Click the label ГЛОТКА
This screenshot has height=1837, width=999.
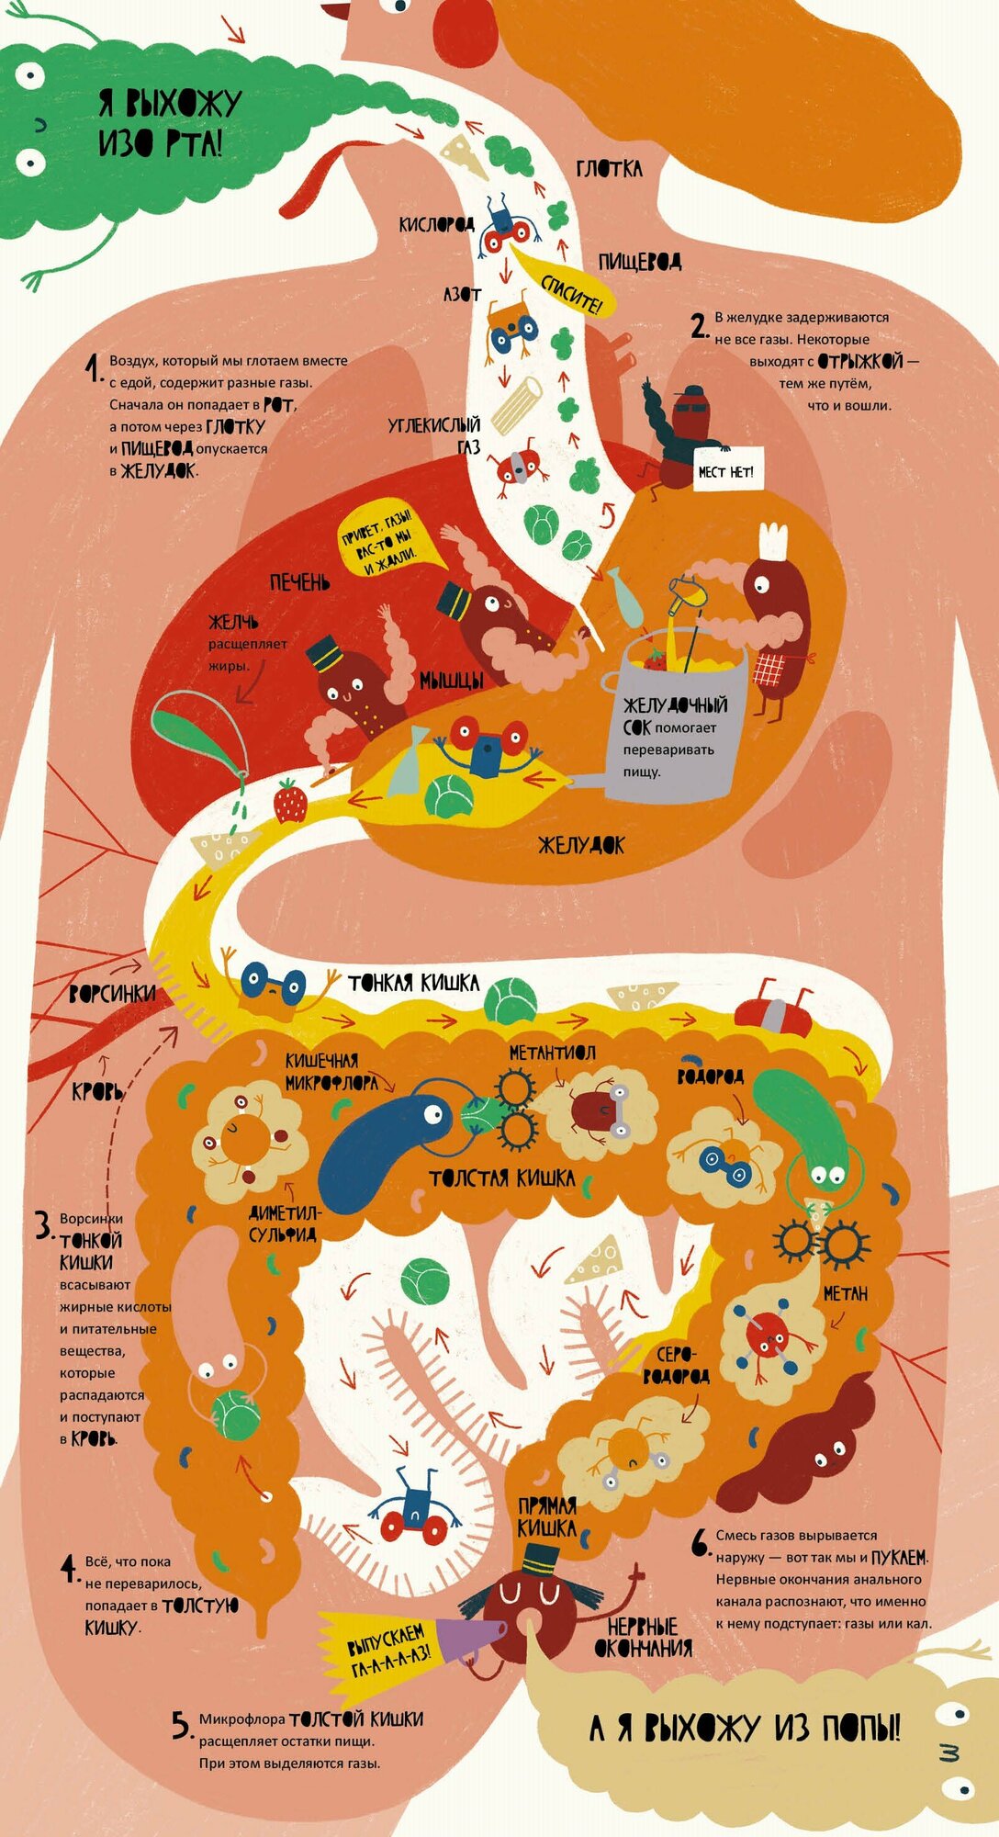pyautogui.click(x=609, y=169)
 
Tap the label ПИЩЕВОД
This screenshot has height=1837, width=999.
pyautogui.click(x=639, y=263)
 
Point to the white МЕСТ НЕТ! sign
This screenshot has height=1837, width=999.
pyautogui.click(x=724, y=472)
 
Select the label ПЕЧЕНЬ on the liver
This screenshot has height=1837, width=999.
pyautogui.click(x=299, y=582)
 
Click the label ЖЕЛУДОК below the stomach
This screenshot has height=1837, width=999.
pyautogui.click(x=580, y=845)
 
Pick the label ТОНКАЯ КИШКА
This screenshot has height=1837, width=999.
pyautogui.click(x=413, y=983)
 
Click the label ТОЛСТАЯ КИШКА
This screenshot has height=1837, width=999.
pyautogui.click(x=501, y=1178)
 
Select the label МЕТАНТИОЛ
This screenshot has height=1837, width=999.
pyautogui.click(x=552, y=1053)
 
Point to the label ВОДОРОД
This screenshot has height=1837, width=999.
pyautogui.click(x=710, y=1076)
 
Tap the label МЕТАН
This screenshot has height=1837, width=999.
pyautogui.click(x=845, y=1294)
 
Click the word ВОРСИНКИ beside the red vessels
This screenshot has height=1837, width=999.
pyautogui.click(x=112, y=994)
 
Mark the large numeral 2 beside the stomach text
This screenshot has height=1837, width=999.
pyautogui.click(x=699, y=326)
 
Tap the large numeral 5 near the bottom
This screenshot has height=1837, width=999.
pyautogui.click(x=181, y=1725)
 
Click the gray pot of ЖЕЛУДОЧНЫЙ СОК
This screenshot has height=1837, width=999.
pyautogui.click(x=678, y=726)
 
